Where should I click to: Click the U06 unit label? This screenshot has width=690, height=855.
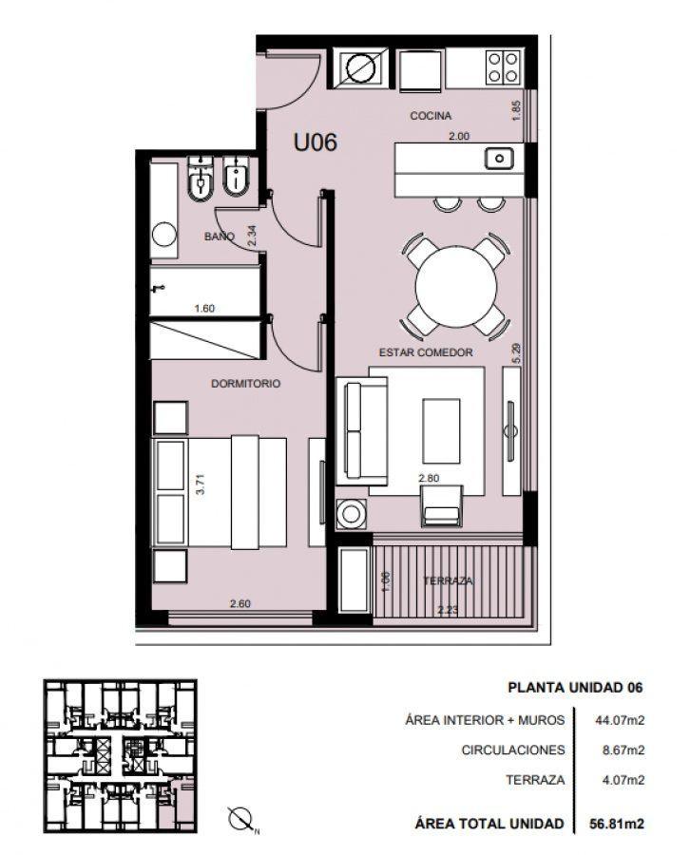(316, 142)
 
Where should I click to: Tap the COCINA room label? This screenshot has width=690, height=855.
(431, 116)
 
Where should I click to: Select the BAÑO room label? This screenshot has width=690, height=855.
(220, 237)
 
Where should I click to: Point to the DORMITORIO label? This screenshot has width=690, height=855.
(245, 384)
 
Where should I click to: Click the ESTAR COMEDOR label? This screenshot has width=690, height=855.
(426, 352)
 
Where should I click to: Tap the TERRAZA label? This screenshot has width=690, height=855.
(448, 580)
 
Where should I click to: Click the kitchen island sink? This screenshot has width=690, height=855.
(499, 159)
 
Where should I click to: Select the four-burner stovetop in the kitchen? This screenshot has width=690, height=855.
(503, 67)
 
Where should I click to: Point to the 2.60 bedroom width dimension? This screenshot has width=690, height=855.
(240, 603)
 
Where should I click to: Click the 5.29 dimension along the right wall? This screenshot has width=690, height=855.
(517, 352)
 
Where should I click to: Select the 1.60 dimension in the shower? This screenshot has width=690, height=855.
(204, 309)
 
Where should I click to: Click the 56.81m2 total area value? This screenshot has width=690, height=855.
(617, 824)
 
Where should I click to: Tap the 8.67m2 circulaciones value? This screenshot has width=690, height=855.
(623, 750)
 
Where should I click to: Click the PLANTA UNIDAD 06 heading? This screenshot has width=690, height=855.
(575, 688)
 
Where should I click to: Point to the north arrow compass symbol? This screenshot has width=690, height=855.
(241, 820)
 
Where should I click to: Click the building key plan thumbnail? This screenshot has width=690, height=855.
(120, 756)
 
